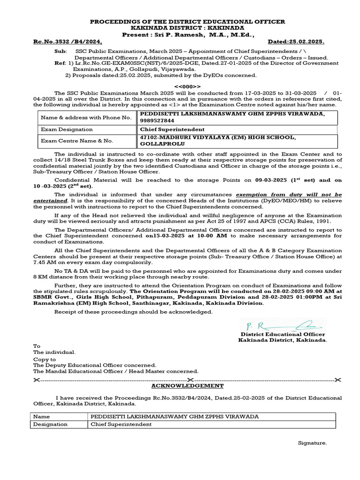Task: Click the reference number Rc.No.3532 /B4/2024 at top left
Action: pos(67,41)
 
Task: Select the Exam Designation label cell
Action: pos(67,129)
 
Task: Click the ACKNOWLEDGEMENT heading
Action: pos(187,386)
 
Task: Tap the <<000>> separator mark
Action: pos(187,86)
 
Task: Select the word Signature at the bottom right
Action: pos(313,443)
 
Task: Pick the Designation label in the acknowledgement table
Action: pos(51,424)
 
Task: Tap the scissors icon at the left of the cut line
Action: pos(37,379)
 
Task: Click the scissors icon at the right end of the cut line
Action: pos(339,379)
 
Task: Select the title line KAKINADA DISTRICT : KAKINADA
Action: pos(187,28)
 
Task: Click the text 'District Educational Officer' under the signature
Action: pos(283,334)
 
